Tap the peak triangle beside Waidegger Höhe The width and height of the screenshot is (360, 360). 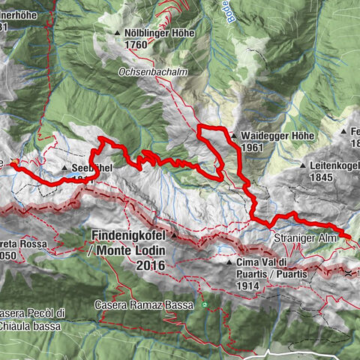pos(235,136)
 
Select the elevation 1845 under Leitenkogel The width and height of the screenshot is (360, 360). pos(321,177)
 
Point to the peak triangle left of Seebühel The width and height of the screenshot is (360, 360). pos(65,169)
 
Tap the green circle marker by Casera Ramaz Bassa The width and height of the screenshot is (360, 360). pos(203,305)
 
